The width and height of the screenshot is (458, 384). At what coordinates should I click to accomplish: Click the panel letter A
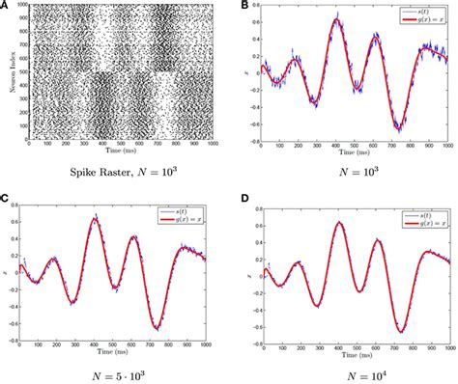click(7, 6)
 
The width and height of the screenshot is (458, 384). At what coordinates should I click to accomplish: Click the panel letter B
click(239, 6)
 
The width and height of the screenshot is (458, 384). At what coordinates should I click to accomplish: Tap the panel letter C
click(7, 199)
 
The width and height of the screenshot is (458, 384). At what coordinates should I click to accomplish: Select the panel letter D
click(239, 199)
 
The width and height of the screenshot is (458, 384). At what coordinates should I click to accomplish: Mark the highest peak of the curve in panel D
click(338, 223)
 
